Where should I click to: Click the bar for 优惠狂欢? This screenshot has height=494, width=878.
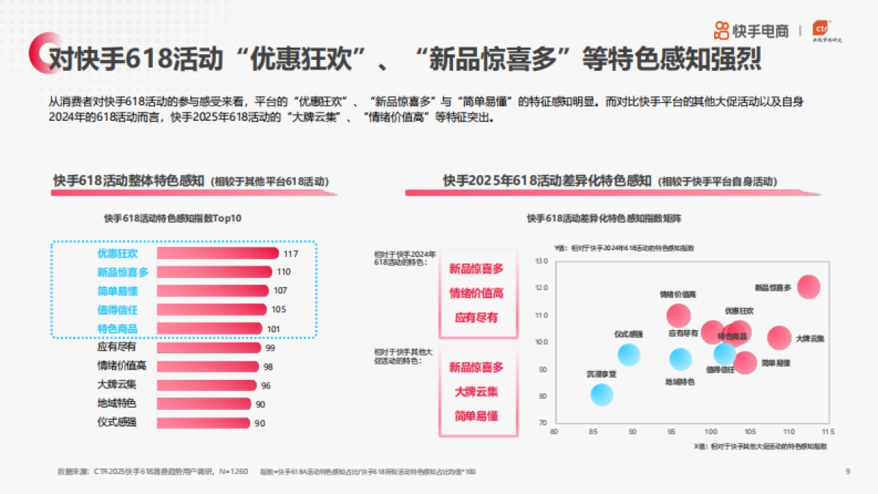[217, 253]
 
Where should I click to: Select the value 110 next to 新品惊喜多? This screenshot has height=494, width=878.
[284, 272]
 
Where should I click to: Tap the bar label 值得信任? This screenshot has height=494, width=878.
[117, 310]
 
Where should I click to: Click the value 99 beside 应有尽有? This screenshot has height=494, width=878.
[270, 348]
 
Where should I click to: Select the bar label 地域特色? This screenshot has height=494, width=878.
[116, 403]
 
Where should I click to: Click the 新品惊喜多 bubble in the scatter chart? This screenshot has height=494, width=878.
[808, 287]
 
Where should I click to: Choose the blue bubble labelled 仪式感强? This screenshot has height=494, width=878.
[629, 355]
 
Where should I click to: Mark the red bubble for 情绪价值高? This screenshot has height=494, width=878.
[679, 315]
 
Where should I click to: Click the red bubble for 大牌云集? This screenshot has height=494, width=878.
[779, 338]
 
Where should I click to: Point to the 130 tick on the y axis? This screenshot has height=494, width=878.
[541, 261]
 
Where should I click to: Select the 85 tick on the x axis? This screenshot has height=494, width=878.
[593, 433]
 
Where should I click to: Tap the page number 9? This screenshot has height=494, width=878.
[847, 471]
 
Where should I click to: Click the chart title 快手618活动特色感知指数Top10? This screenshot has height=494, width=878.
[173, 218]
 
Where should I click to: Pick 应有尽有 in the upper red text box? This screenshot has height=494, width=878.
[476, 318]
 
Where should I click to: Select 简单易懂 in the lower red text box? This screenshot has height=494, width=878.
[476, 416]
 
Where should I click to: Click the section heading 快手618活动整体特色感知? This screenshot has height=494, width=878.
[129, 181]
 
